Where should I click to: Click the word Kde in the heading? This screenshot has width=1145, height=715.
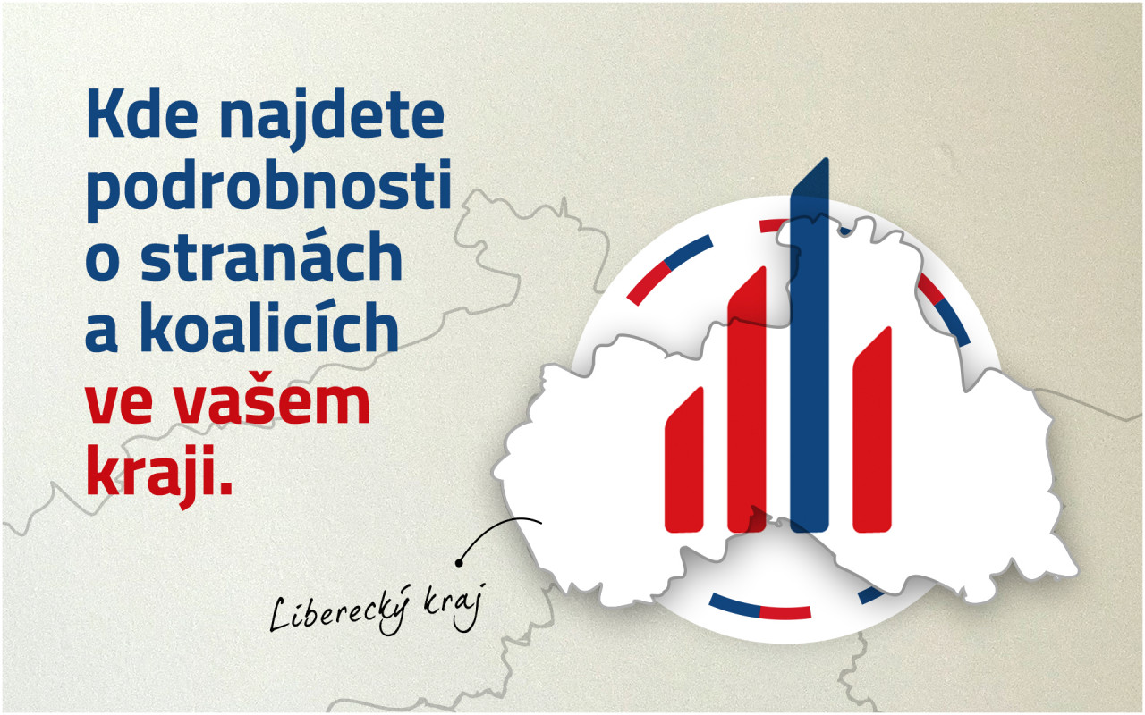coord(142,114)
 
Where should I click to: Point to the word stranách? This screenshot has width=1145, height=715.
coord(272,255)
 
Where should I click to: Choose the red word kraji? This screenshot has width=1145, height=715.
coord(159,475)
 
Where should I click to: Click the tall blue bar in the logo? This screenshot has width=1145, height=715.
coord(810,345)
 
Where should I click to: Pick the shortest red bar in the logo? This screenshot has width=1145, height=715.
coord(684,459)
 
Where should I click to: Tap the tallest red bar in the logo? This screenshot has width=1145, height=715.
coord(747,399)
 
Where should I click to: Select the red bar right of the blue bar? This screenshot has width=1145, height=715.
coord(872,429)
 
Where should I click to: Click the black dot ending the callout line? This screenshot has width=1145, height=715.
coord(459,563)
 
